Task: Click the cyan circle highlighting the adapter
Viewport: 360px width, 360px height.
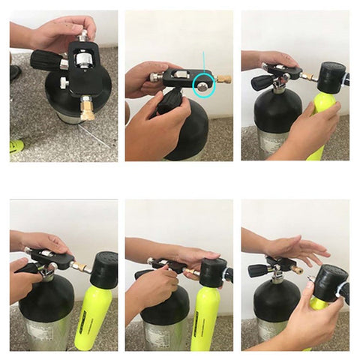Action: (x=204, y=86)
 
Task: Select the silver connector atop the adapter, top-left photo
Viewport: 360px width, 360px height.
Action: (x=82, y=35)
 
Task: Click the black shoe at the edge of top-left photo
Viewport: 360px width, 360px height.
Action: (x=15, y=73)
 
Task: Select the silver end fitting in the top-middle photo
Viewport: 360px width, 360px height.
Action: (x=154, y=76)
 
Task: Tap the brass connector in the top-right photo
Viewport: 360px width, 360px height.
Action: (x=307, y=76)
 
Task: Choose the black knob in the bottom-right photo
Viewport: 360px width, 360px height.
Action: (x=258, y=270)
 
